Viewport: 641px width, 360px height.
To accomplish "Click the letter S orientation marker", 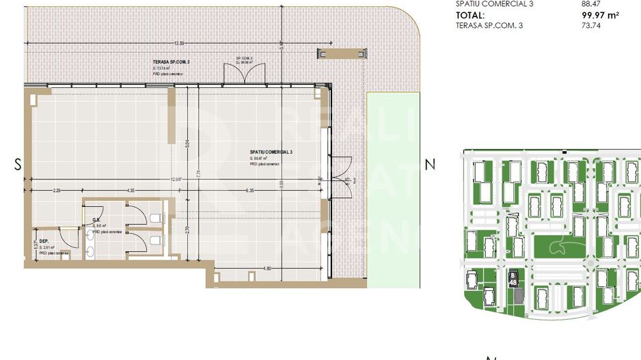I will point(18,164).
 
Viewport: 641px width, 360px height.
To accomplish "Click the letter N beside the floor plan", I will point(430,164).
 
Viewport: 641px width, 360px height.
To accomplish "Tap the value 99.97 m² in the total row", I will point(595,14).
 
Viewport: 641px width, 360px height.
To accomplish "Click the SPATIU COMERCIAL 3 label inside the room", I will point(271,152).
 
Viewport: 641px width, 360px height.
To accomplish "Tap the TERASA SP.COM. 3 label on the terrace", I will point(172,61).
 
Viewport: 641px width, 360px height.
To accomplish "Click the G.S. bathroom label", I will point(97,220).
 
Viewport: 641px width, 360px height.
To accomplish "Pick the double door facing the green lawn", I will point(340,167).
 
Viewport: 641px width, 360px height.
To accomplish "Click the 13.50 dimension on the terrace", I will point(179,43).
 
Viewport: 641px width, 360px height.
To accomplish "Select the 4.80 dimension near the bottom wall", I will point(269,268).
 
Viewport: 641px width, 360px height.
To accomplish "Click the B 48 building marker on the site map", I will point(513,279).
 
